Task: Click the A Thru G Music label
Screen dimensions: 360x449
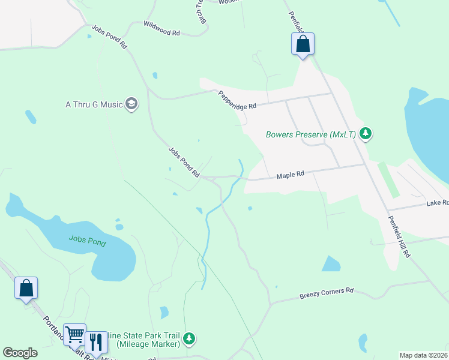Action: [93, 104]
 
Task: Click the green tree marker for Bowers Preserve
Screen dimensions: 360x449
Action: [366, 134]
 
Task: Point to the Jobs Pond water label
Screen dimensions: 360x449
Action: [88, 242]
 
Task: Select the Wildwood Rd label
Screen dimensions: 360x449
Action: [161, 28]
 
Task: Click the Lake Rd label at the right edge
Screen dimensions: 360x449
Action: [437, 203]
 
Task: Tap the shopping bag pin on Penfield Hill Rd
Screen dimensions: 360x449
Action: [303, 44]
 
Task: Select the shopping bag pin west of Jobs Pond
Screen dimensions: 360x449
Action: [26, 289]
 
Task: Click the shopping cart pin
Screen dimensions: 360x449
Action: [74, 335]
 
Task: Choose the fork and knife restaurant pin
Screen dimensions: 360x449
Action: [96, 342]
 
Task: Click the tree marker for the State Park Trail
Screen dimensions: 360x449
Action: [190, 339]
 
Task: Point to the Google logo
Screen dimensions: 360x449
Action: [20, 353]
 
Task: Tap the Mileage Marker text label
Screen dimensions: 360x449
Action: [148, 344]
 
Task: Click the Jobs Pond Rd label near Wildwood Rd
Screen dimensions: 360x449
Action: [110, 37]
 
